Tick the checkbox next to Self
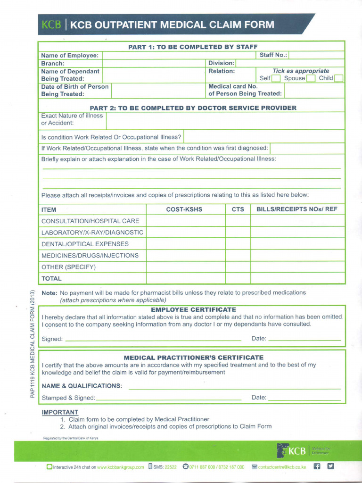coord(276,78)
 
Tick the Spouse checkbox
coord(311,78)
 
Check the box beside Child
coord(339,78)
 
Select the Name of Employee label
coord(70,55)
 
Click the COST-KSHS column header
coord(184,209)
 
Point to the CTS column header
coord(238,209)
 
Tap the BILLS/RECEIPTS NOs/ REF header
coord(297,209)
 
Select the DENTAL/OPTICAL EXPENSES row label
coord(85,244)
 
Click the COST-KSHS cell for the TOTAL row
coord(185,278)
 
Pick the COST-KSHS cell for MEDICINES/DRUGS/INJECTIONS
coord(185,255)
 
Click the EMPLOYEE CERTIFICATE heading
coord(193,309)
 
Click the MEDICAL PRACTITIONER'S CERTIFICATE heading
coord(193,358)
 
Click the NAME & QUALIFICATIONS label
coord(82,386)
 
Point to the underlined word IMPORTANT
coord(60,412)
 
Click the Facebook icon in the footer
coord(317,466)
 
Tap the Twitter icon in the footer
coord(331,466)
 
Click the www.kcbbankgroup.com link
coord(121,467)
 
